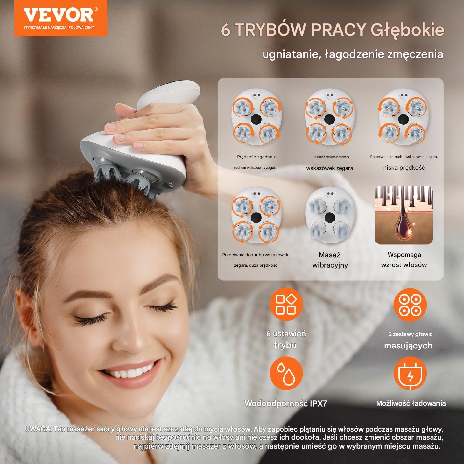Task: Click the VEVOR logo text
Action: (58, 15)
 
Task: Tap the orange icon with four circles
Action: (410, 305)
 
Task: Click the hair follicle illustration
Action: (404, 215)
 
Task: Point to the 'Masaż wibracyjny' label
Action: (330, 260)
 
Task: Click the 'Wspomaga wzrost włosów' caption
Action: (404, 260)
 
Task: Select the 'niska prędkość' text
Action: (404, 168)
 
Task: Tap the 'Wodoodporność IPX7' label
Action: (286, 403)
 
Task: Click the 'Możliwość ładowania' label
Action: (411, 403)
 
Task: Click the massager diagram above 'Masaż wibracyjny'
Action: (330, 215)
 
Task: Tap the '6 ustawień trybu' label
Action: (286, 339)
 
